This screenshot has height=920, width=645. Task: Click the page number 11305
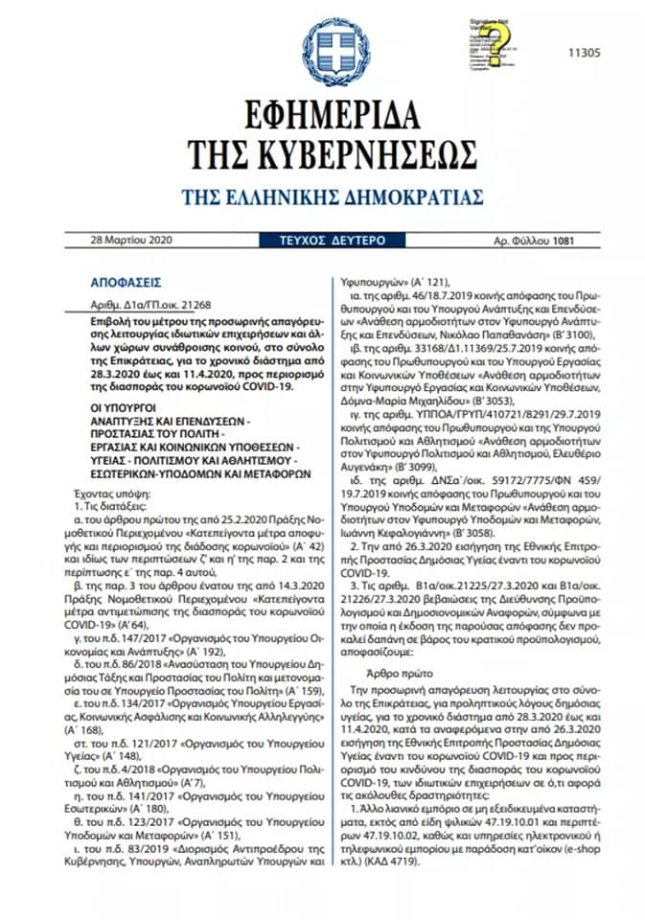[x=585, y=53]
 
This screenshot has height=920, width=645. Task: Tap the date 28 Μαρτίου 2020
[x=128, y=240]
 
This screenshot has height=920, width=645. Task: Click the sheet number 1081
[x=564, y=240]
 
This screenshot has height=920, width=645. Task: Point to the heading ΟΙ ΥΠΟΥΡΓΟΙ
[x=118, y=405]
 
